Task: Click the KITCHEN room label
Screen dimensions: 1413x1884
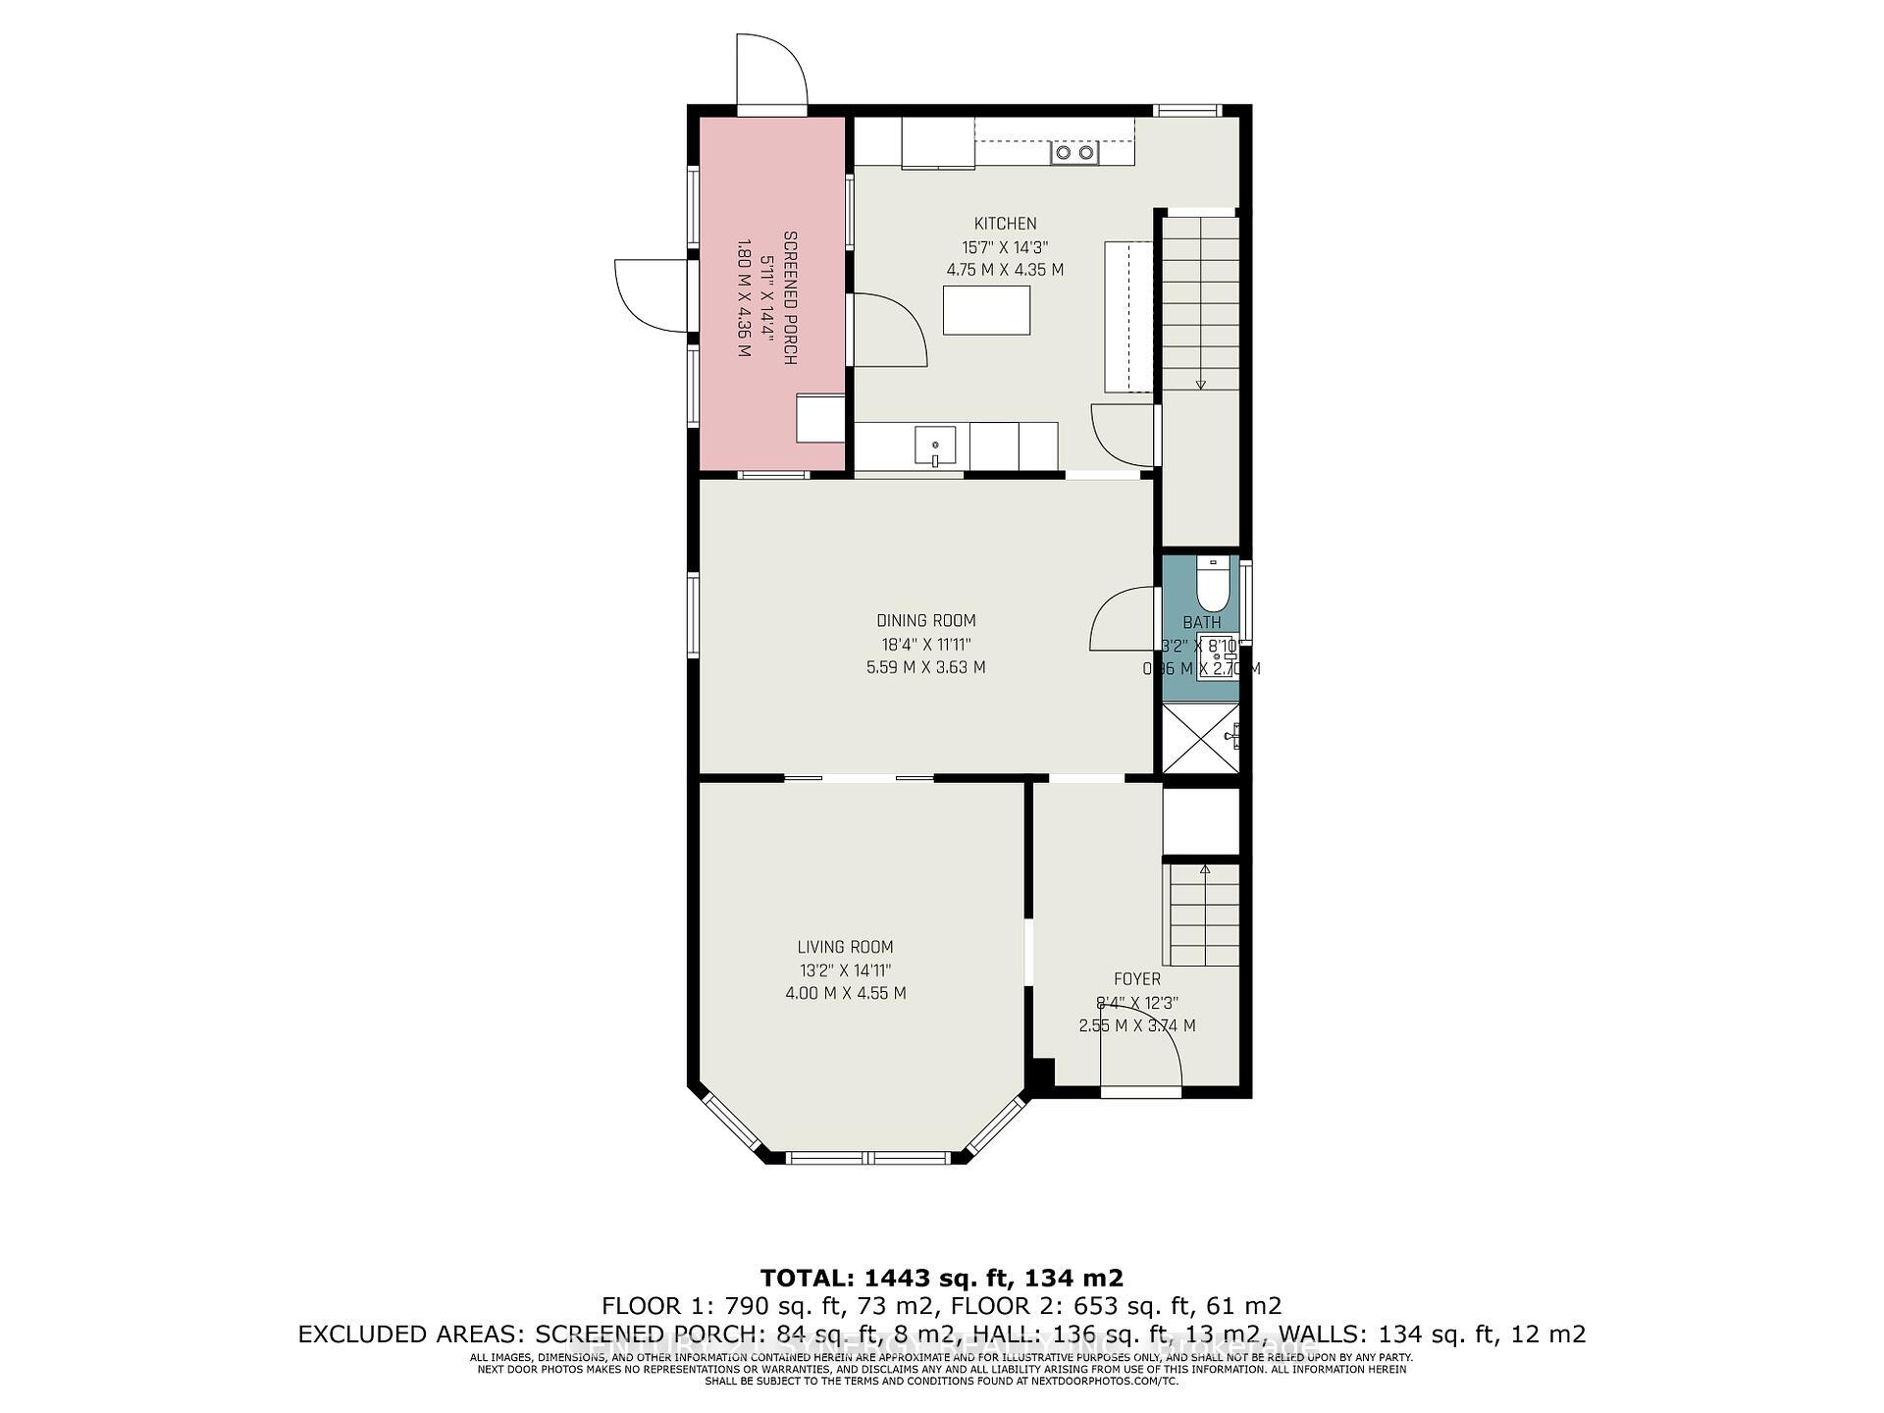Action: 1005,224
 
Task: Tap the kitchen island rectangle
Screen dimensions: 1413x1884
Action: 986,310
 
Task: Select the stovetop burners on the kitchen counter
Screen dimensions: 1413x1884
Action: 1073,153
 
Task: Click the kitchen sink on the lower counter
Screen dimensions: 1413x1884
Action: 935,445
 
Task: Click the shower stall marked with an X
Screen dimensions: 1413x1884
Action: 1200,738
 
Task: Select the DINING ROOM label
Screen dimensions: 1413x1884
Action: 925,620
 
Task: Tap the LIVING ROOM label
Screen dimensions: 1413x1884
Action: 845,947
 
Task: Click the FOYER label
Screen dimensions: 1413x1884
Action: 1136,979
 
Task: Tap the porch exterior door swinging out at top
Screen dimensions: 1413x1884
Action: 771,71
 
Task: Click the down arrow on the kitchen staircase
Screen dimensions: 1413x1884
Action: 1200,383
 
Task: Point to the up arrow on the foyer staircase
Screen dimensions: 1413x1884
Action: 1205,869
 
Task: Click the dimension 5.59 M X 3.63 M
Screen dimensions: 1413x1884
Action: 925,667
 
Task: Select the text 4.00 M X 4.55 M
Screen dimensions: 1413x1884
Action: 845,993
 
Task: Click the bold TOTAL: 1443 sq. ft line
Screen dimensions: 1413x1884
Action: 941,1278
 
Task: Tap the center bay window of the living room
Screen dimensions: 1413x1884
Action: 868,1158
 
